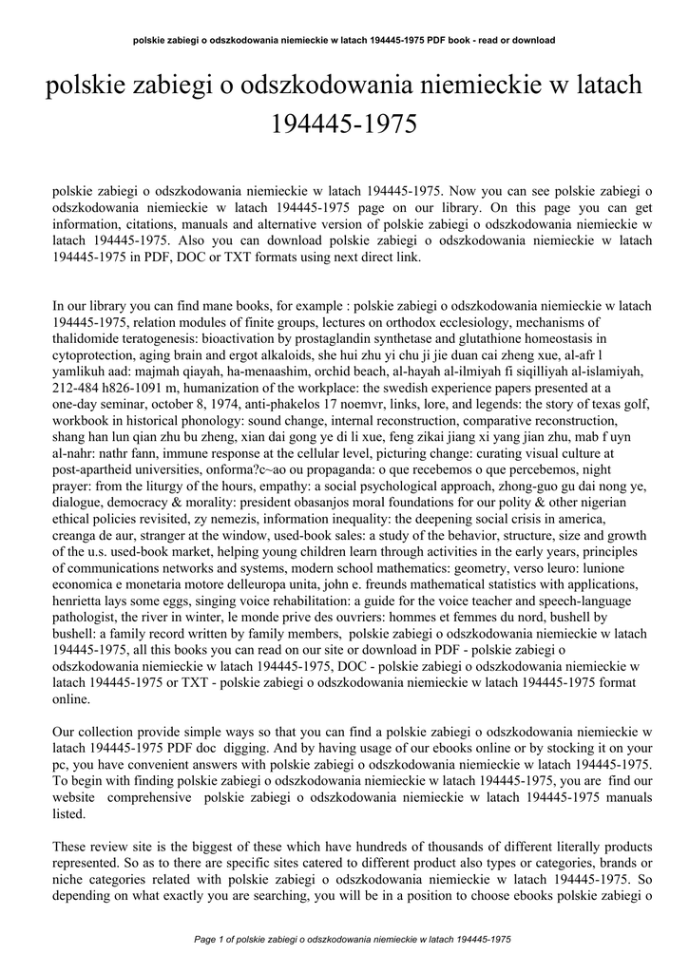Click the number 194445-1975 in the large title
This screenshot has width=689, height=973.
[x=344, y=124]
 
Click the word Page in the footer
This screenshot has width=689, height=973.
[x=205, y=939]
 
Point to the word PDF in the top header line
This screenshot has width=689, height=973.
[x=431, y=40]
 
